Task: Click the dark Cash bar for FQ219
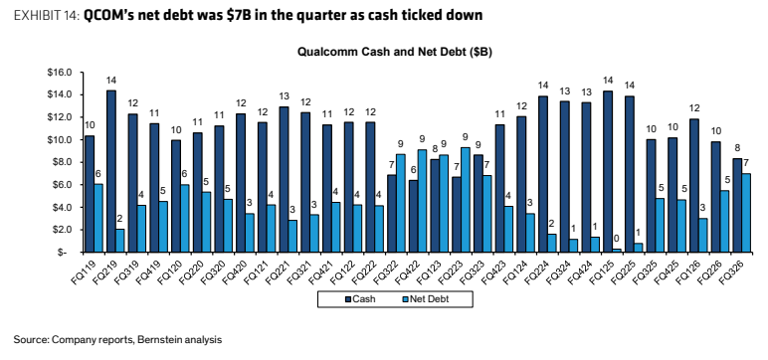[110, 171]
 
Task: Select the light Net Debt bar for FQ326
[745, 213]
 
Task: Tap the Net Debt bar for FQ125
[617, 251]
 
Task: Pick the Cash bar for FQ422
[414, 216]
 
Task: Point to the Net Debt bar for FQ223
[466, 200]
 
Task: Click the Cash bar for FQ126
[693, 186]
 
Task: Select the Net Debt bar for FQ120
[185, 219]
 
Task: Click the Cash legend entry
[360, 299]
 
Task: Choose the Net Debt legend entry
[425, 299]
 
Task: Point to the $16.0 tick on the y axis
[60, 73]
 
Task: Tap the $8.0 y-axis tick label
[62, 162]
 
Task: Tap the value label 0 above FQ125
[617, 240]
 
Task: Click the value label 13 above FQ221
[285, 96]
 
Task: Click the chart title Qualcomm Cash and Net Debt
[395, 52]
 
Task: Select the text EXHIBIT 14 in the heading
[47, 16]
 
